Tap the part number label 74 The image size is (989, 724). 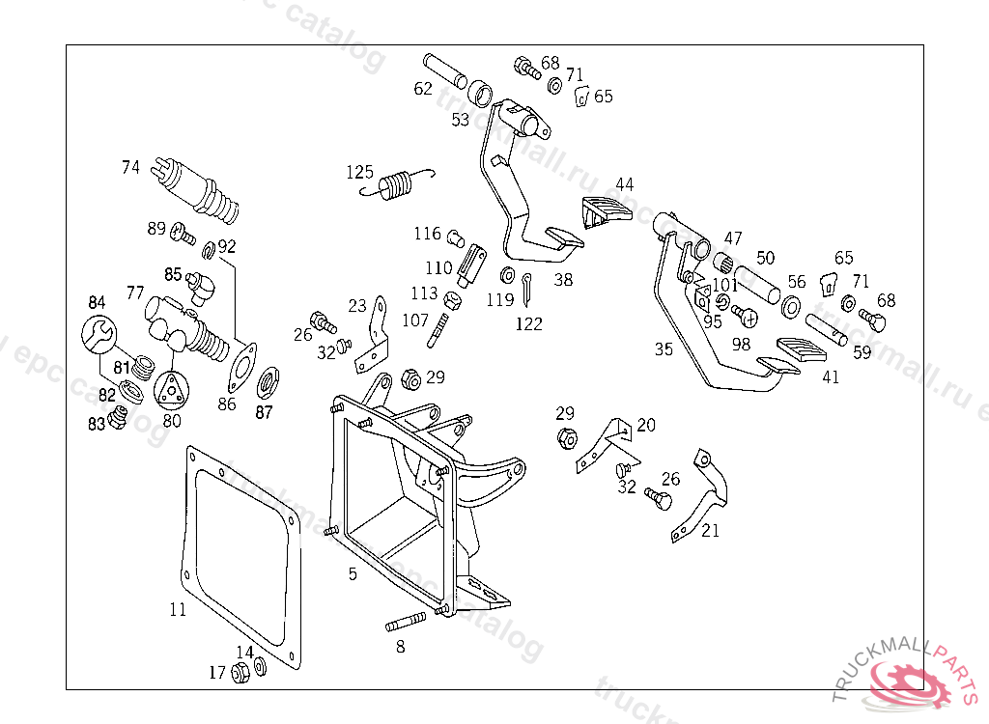click(130, 167)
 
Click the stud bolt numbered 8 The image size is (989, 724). click(406, 622)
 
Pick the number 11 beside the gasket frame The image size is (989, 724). click(178, 609)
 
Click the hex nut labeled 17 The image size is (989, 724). click(241, 672)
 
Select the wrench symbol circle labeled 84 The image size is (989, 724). click(98, 334)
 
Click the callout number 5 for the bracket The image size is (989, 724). click(353, 573)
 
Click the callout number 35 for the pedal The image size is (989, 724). click(663, 349)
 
